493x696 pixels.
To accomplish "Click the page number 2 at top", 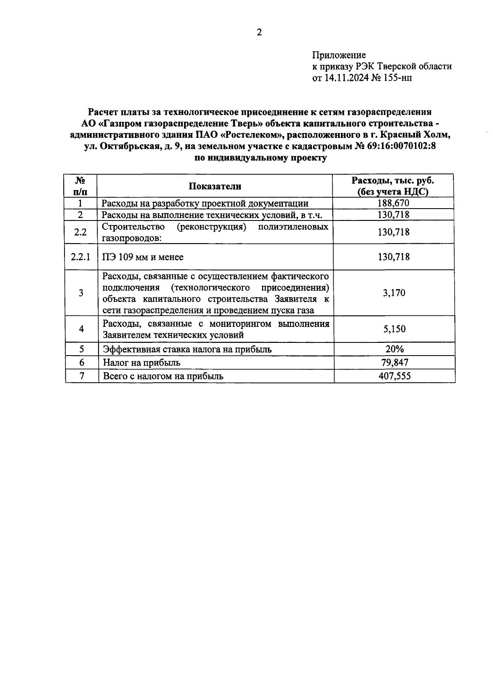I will (x=259, y=33).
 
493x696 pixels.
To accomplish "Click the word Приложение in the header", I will (x=339, y=55).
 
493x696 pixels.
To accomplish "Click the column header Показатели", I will (x=215, y=186).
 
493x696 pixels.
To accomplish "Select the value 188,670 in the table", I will (x=394, y=203).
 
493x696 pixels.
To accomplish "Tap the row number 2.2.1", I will (x=81, y=257).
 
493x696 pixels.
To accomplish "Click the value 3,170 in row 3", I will (x=394, y=293).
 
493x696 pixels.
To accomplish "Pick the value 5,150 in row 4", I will (x=394, y=329).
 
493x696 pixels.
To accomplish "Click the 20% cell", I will (x=394, y=349).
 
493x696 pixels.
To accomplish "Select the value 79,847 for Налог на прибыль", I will (x=394, y=363).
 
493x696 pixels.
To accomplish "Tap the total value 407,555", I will (x=394, y=376).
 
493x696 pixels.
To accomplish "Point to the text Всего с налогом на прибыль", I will (x=163, y=376).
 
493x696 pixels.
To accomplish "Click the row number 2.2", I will (x=81, y=232).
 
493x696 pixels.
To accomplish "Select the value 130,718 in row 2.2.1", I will (x=394, y=257).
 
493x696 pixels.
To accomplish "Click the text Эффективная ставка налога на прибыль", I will (x=187, y=349).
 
